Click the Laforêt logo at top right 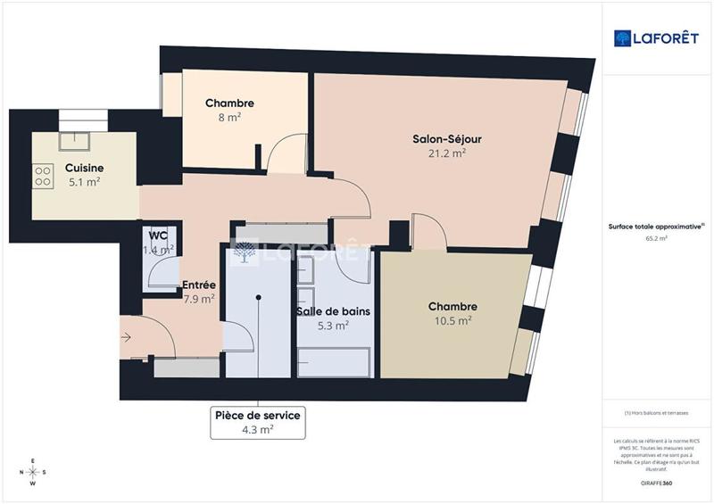656,37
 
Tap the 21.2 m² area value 447,153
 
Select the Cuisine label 84,168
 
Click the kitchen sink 75,140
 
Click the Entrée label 198,285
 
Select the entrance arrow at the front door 126,337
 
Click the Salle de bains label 333,312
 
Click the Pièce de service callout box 257,422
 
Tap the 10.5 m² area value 452,321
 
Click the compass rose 32,472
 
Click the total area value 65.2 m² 656,239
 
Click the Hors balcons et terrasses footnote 656,413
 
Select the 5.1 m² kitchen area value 84,182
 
